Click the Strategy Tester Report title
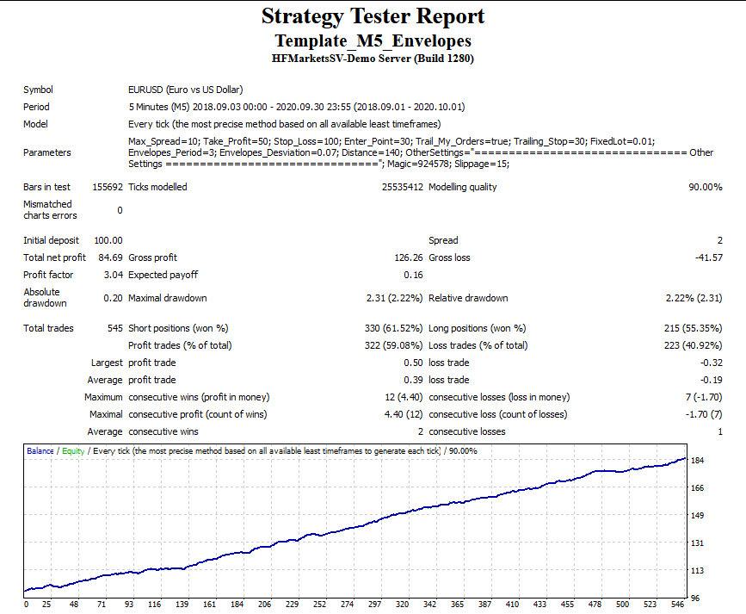(x=373, y=16)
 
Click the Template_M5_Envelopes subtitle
(x=373, y=41)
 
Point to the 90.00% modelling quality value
(x=705, y=187)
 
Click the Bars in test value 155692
(x=107, y=187)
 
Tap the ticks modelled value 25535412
(x=402, y=187)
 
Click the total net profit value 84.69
(x=110, y=257)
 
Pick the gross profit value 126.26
(x=408, y=257)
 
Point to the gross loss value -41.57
(x=707, y=257)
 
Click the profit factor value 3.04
(x=113, y=275)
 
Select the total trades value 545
(x=113, y=328)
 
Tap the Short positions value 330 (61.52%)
(x=393, y=328)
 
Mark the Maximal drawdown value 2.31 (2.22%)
(x=392, y=298)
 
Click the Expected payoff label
(x=163, y=275)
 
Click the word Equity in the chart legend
(x=72, y=450)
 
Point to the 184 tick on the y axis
(x=698, y=461)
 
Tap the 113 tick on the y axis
(x=698, y=570)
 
